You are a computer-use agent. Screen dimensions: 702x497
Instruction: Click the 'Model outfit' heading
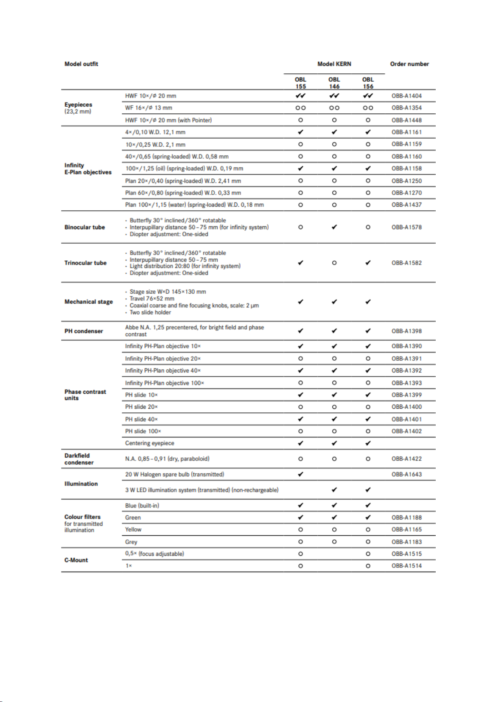click(81, 64)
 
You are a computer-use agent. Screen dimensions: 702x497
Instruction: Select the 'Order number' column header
click(409, 64)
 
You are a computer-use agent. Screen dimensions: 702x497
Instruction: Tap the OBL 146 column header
click(334, 83)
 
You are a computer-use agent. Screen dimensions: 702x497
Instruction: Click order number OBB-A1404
click(407, 96)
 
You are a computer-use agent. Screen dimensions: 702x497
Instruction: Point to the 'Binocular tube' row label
click(85, 227)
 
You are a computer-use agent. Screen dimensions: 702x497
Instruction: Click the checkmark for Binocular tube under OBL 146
click(334, 227)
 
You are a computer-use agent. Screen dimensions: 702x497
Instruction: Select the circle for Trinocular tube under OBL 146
click(334, 263)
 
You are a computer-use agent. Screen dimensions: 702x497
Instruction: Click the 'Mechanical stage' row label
click(88, 302)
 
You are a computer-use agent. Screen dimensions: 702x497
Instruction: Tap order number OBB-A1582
click(407, 263)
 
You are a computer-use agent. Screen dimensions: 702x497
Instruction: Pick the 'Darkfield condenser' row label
click(79, 459)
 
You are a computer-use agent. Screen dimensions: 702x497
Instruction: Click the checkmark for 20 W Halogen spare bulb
click(300, 474)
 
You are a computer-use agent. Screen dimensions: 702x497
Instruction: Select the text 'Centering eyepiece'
click(150, 443)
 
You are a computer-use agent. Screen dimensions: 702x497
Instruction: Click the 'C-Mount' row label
click(76, 560)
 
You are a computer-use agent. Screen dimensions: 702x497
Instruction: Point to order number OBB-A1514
click(407, 566)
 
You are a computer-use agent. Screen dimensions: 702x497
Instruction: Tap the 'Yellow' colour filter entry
click(133, 530)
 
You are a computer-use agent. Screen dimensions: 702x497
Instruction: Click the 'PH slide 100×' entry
click(143, 431)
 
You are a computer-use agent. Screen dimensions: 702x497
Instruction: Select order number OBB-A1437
click(407, 205)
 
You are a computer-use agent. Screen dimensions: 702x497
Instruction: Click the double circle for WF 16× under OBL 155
click(300, 108)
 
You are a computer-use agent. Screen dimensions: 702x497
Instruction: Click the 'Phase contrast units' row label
click(85, 395)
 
